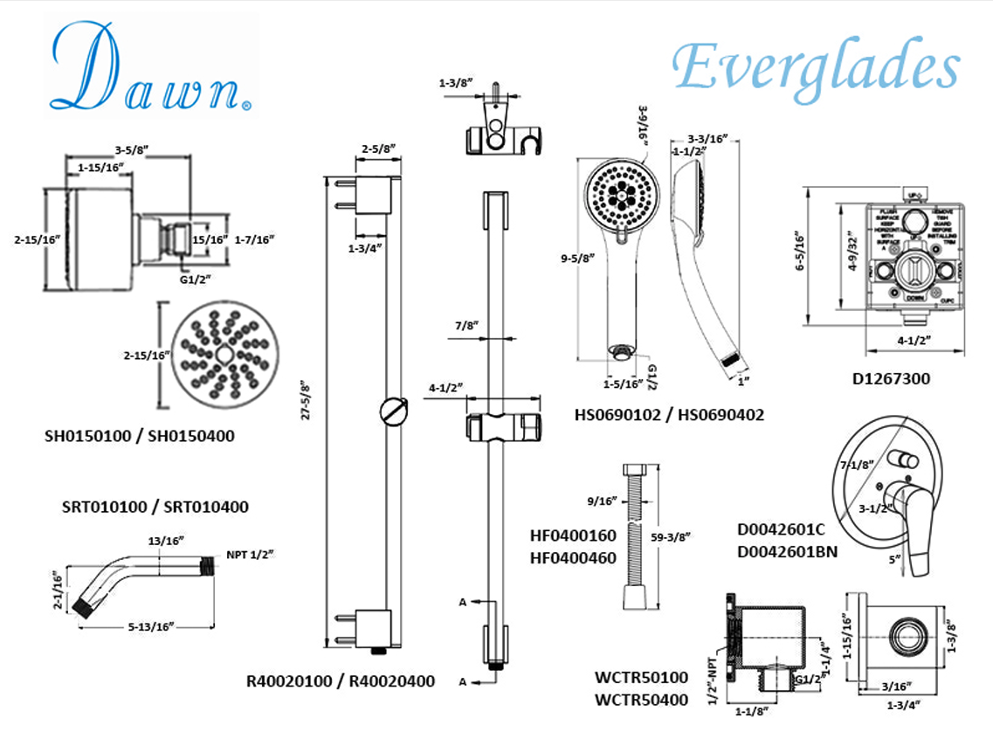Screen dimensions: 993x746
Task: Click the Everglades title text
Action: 816,66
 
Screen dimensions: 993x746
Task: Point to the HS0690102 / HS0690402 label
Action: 669,415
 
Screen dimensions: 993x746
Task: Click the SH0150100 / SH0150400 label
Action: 140,435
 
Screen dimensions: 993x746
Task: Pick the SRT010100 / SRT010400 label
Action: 155,507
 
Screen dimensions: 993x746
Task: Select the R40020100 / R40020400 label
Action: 341,681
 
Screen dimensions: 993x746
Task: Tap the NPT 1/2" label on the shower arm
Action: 250,554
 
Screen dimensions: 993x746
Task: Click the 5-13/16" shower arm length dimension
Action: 151,625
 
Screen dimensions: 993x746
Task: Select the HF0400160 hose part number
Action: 572,535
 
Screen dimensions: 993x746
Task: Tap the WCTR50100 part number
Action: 640,677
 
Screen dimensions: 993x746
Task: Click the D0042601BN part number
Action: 787,550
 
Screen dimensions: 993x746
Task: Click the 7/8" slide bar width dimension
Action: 465,325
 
